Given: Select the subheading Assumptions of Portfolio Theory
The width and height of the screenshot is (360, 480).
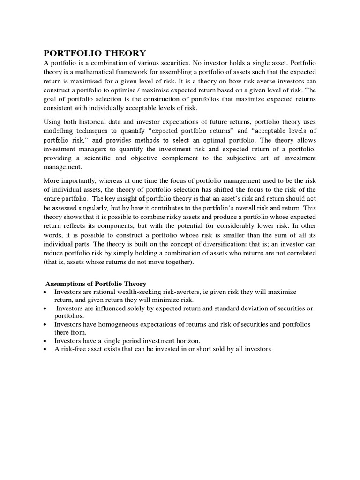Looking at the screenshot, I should tap(96, 284).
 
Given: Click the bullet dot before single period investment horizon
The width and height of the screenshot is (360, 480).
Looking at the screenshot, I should tap(45, 341).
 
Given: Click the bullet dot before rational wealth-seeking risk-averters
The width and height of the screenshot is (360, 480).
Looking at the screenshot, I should tap(45, 292).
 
